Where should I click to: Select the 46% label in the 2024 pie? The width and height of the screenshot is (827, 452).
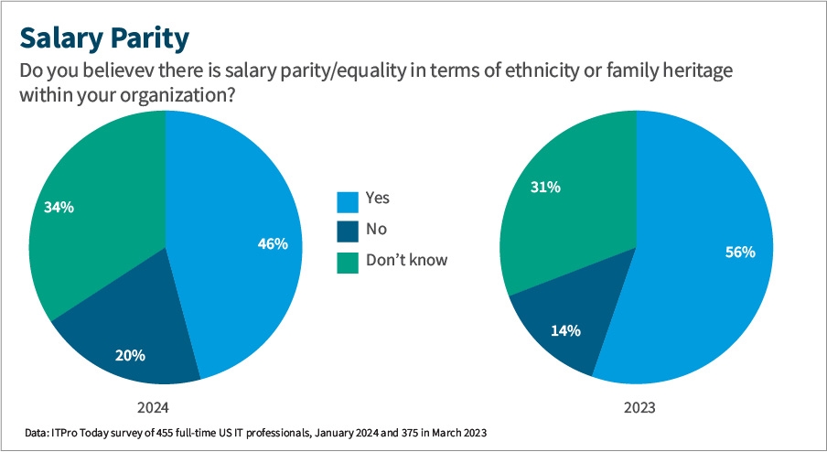coord(273,244)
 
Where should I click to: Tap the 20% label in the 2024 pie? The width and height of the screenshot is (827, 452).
coord(130,355)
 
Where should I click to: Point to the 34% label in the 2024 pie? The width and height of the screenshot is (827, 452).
coord(59,207)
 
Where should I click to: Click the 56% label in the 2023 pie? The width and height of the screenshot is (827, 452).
coord(739,252)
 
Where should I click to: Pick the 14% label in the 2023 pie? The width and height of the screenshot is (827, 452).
coord(565,331)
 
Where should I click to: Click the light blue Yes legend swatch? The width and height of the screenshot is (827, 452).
coord(347,200)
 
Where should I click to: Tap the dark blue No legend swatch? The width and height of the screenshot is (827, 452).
coord(347,231)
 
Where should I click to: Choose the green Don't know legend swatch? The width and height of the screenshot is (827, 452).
coord(347,261)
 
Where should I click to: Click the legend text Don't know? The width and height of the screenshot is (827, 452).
coord(406,260)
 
